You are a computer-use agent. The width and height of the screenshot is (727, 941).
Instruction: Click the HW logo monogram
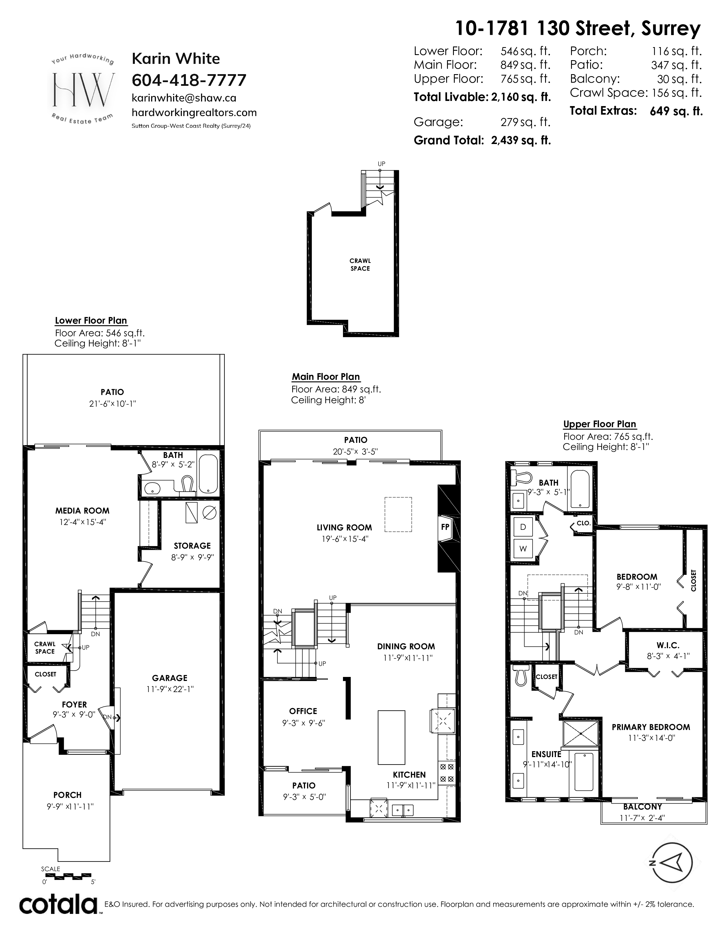coord(84,90)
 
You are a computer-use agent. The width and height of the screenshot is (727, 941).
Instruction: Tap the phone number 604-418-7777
coord(189,80)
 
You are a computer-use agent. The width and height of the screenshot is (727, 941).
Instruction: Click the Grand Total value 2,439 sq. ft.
coord(521,141)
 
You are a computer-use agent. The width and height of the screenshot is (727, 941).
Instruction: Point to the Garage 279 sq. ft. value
coord(525,122)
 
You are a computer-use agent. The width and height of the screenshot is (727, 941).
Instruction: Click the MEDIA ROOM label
coord(82,511)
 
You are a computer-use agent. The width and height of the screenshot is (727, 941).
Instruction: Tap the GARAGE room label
coord(170,678)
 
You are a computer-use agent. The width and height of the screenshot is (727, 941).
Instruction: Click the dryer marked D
coord(523,527)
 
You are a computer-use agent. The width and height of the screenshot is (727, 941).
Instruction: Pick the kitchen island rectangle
coord(391,737)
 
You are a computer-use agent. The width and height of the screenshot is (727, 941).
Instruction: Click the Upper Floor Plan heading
coord(600,424)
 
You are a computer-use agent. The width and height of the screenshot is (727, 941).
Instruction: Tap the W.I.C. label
coord(668,645)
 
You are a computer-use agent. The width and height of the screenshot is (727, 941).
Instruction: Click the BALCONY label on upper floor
coord(642,807)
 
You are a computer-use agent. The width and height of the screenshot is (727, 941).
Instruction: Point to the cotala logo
coord(58,905)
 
